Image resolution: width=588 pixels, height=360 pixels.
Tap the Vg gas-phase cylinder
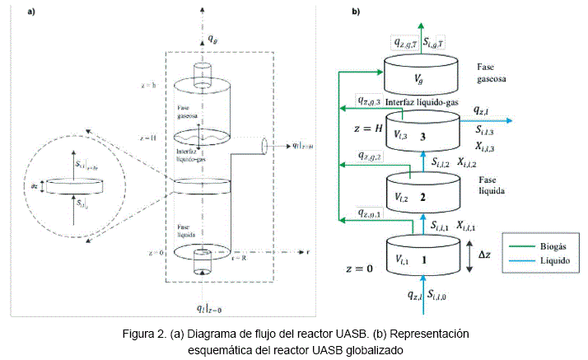coord(419,77)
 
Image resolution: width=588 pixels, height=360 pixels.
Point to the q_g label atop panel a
coord(212,38)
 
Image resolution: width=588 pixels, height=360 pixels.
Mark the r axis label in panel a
coord(307,251)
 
